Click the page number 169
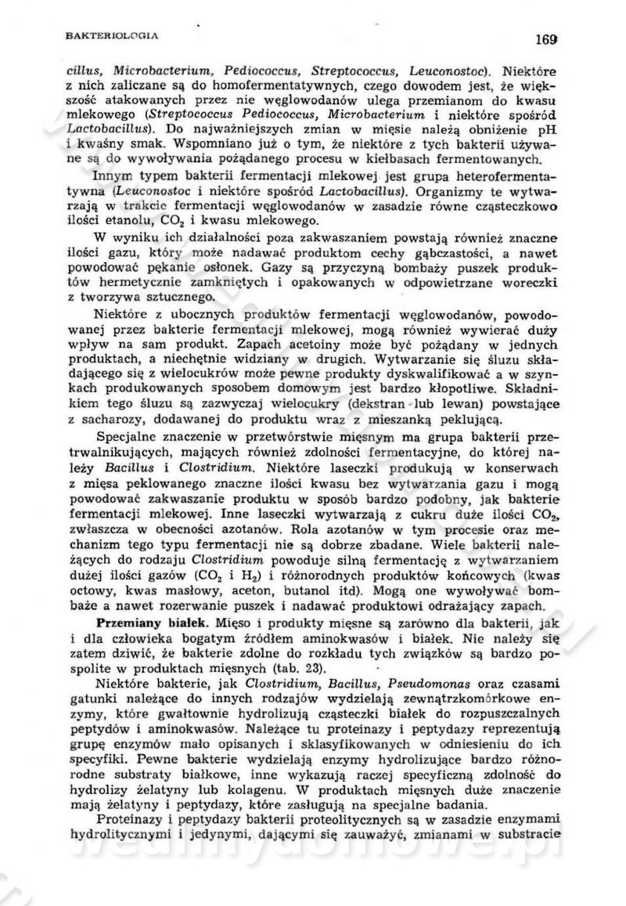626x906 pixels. tap(545, 37)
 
